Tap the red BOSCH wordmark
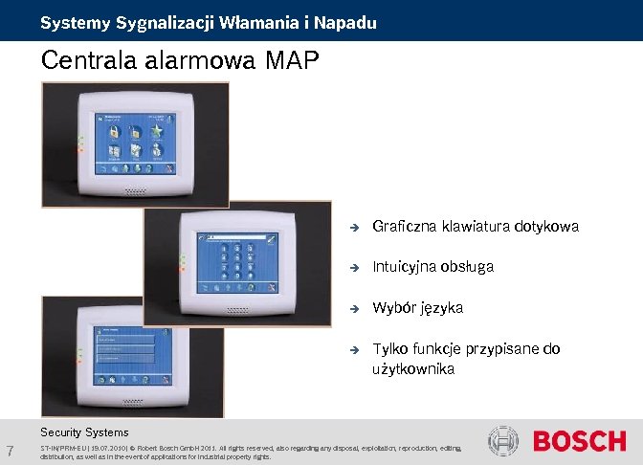(x=579, y=441)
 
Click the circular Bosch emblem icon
(x=503, y=441)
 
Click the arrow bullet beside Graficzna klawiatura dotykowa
(x=352, y=228)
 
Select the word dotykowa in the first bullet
(x=546, y=227)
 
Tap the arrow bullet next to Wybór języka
(x=352, y=309)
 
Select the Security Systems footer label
(x=84, y=432)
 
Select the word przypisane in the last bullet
(x=508, y=349)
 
